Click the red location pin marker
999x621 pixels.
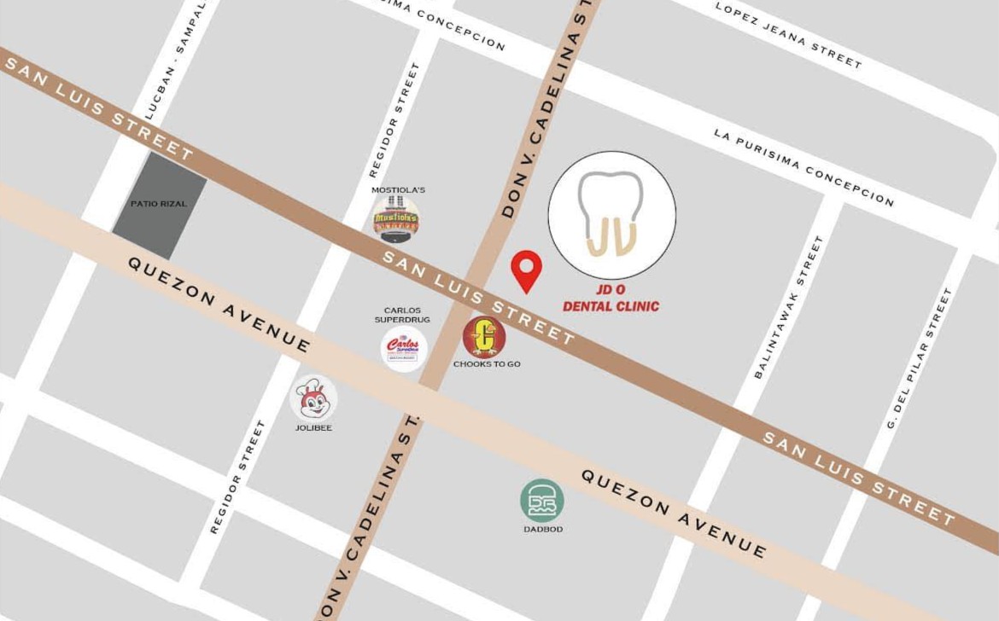(526, 269)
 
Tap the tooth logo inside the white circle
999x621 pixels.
(611, 214)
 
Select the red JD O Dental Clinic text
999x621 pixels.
(610, 299)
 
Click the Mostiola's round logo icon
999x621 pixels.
(396, 220)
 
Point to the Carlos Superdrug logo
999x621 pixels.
(403, 349)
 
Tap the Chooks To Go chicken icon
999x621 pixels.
(484, 337)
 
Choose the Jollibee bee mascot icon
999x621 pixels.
(313, 398)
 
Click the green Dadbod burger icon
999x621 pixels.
(542, 501)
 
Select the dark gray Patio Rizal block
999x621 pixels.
(160, 205)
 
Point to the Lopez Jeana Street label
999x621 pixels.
(788, 35)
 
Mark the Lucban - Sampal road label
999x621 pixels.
(176, 60)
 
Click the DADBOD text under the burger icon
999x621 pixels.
(543, 529)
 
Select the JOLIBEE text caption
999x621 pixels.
(313, 427)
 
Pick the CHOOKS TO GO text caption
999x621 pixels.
(487, 364)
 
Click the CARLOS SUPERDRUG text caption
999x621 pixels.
(402, 315)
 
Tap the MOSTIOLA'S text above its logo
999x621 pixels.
(398, 189)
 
